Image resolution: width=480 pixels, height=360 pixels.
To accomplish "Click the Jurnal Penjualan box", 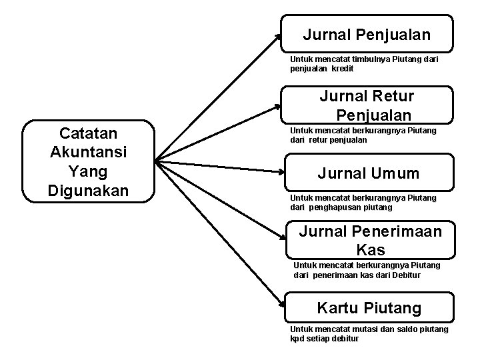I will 367,33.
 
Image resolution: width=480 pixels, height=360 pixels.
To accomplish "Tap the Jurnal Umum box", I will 368,173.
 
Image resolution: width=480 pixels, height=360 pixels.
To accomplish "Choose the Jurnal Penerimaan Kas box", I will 370,240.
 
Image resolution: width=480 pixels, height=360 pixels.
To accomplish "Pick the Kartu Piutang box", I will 369,308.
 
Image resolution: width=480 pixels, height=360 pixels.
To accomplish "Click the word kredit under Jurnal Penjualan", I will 341,69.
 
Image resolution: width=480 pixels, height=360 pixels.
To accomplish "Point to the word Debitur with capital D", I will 407,275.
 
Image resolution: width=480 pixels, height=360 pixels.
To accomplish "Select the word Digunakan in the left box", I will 88,190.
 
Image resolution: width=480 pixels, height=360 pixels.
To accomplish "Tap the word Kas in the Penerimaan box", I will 371,251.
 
